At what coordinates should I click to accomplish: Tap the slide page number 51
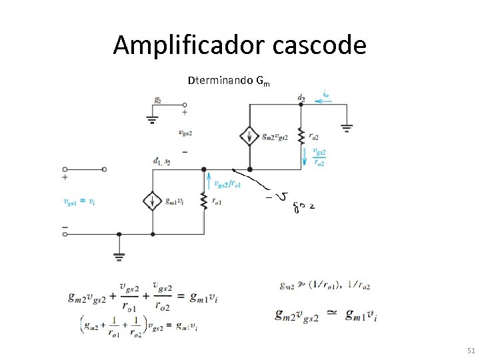[471, 350]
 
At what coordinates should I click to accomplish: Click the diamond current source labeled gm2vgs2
[249, 137]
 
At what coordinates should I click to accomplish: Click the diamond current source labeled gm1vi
[153, 201]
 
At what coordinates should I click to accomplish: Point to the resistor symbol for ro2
[301, 137]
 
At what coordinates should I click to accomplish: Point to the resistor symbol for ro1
[202, 200]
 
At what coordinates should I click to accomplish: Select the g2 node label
[158, 100]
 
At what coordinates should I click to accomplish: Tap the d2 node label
[301, 98]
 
